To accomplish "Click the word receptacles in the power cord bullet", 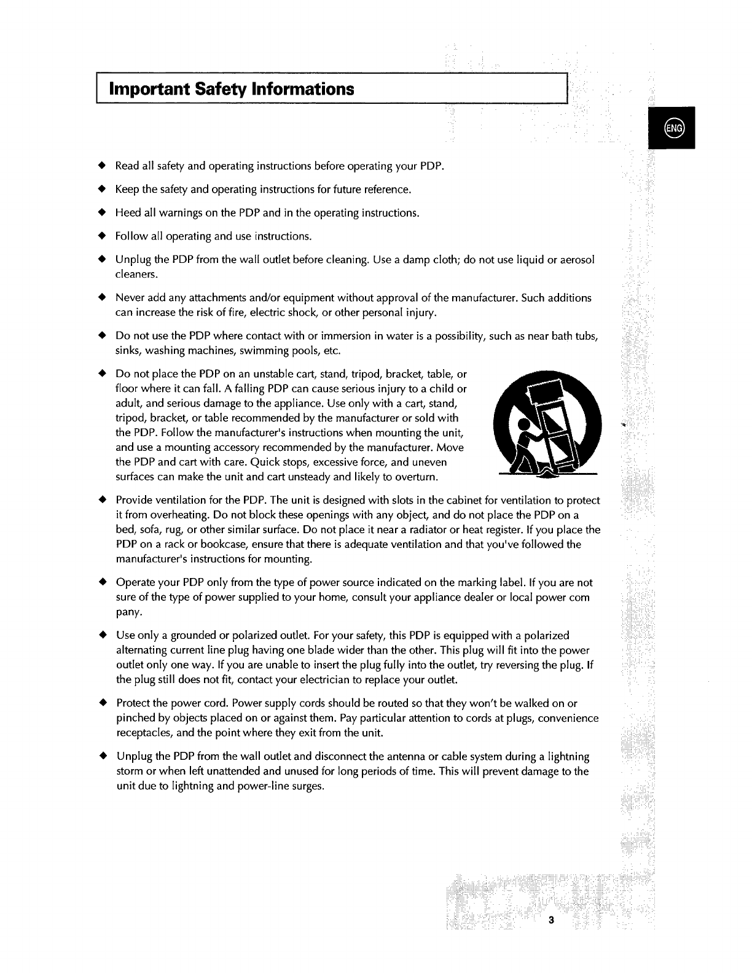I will coord(143,733).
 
